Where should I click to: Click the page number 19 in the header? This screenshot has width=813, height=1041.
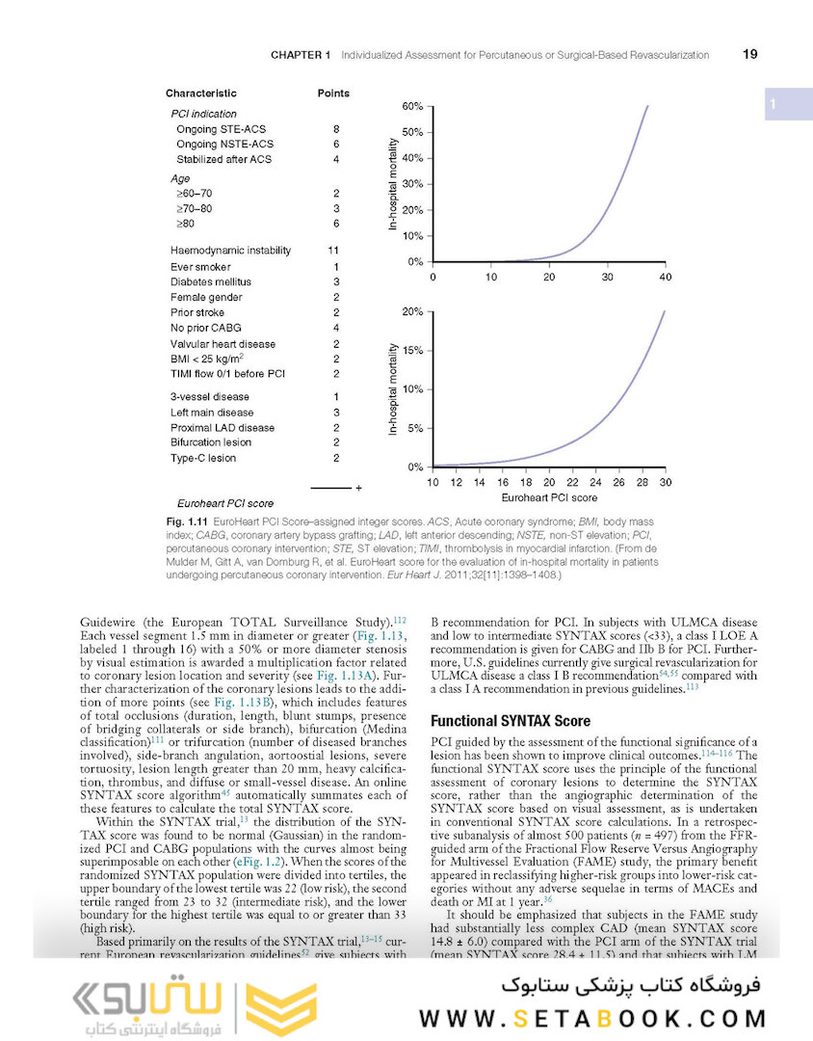749,55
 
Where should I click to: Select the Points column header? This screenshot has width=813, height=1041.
333,93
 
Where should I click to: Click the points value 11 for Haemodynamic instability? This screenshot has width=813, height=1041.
335,251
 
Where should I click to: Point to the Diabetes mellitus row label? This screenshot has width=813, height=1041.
211,281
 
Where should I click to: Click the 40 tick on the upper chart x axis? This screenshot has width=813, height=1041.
665,278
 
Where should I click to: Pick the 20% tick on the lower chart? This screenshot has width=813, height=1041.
411,312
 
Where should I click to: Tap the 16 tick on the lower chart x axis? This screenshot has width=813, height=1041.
502,482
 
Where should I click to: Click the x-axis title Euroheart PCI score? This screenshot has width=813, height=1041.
549,497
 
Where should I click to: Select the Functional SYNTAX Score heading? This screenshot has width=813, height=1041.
511,721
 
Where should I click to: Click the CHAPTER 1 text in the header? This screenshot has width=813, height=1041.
301,55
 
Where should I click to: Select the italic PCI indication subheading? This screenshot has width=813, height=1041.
203,114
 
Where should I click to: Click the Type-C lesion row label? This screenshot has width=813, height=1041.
203,459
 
